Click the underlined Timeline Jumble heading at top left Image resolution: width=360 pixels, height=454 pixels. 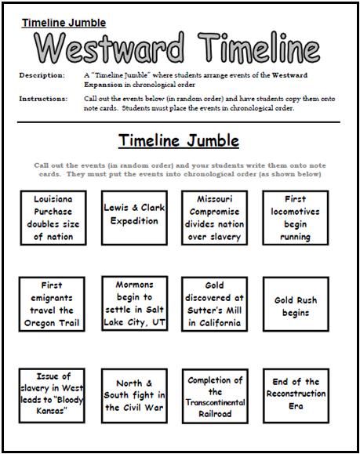pos(64,24)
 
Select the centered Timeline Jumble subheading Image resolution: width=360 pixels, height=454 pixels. pos(179,141)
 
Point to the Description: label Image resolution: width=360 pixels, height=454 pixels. pos(43,75)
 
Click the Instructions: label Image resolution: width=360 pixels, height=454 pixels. pos(45,100)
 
